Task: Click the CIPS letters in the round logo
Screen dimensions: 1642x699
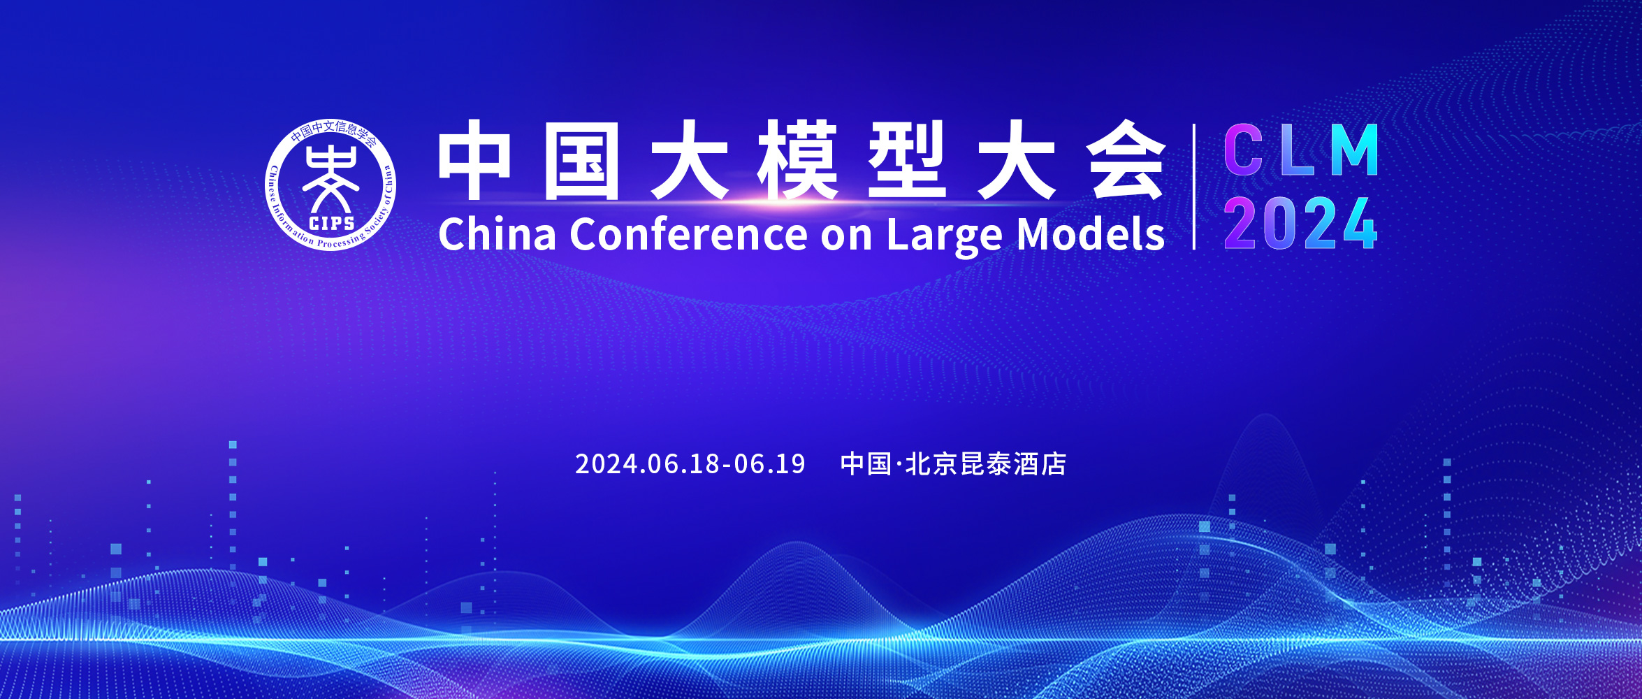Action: [331, 223]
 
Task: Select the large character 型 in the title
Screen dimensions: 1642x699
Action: [907, 159]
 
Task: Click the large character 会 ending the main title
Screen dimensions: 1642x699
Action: [1126, 159]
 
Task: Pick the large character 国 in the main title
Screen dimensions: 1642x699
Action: [581, 161]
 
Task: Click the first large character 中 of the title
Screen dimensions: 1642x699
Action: [474, 159]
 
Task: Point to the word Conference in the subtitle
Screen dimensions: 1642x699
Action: [689, 234]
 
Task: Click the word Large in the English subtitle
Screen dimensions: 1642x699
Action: [945, 236]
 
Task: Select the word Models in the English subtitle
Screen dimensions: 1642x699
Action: [1091, 233]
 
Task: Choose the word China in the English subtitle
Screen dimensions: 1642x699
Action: [497, 233]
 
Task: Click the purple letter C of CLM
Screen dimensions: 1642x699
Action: [1243, 150]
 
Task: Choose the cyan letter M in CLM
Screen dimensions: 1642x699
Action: [1354, 150]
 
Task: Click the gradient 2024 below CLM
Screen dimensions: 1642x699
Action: [1300, 223]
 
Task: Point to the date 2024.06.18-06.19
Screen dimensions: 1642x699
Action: [690, 464]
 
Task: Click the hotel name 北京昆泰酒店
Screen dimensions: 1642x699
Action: [986, 464]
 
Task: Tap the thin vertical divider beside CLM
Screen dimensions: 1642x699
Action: [1194, 187]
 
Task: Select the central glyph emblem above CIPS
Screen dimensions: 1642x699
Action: [330, 178]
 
